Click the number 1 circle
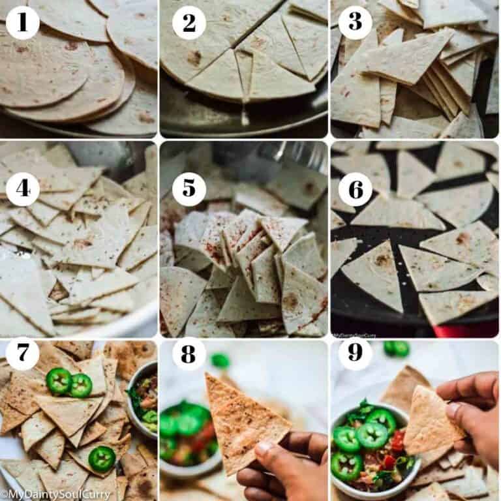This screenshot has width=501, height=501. (22, 23)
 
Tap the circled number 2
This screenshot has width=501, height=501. (189, 23)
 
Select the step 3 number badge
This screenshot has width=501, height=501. (355, 23)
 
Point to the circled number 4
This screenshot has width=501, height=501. (22, 189)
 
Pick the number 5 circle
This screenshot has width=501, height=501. (189, 189)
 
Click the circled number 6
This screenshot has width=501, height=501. (355, 189)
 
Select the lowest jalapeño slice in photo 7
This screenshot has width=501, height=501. (102, 459)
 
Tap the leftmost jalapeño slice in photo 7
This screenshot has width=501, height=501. (59, 381)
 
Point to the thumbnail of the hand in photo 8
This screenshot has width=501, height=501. (262, 449)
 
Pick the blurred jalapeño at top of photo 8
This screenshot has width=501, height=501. (220, 360)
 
